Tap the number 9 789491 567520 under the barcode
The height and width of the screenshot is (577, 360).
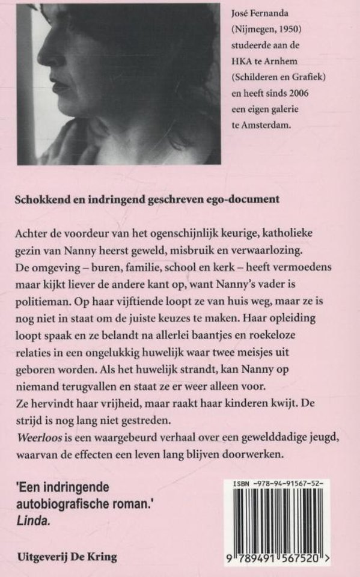tap(280, 558)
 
